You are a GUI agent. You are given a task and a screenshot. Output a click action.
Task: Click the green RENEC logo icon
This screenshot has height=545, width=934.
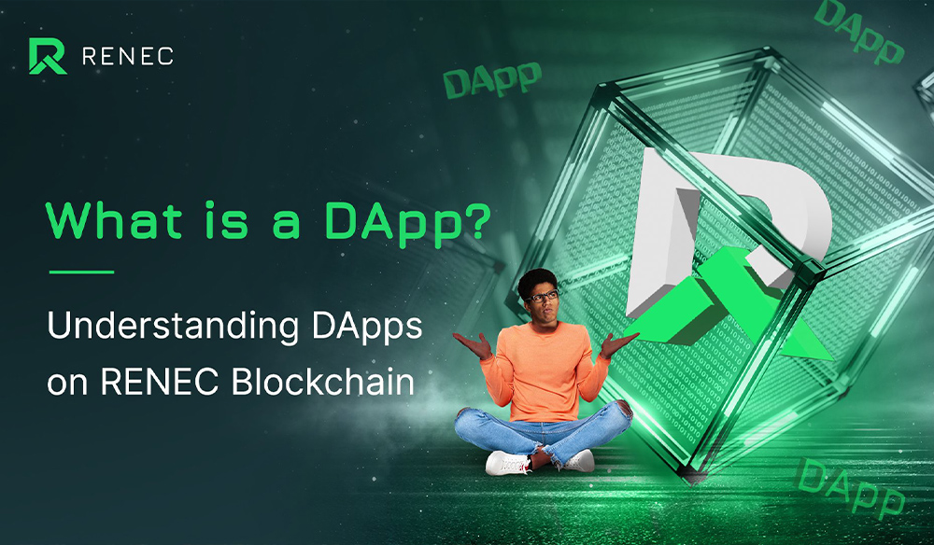[x=47, y=56]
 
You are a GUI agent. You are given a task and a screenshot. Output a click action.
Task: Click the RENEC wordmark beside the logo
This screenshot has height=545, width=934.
[x=127, y=56]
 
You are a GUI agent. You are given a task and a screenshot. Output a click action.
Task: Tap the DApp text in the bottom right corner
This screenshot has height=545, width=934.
[x=849, y=486]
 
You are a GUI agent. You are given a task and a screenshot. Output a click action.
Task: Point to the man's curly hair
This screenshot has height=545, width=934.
[x=539, y=279]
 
